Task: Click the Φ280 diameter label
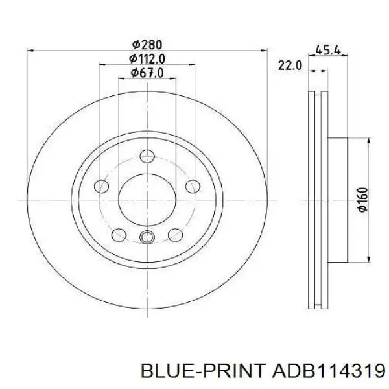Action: point(147,45)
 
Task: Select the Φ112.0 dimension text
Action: point(147,59)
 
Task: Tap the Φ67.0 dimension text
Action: point(147,73)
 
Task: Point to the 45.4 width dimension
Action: point(328,51)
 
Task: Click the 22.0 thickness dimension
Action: point(290,65)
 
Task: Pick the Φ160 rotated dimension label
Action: point(362,200)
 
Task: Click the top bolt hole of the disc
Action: point(147,156)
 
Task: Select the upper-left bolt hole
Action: point(102,186)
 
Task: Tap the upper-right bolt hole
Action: point(193,186)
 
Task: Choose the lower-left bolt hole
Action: point(119,235)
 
